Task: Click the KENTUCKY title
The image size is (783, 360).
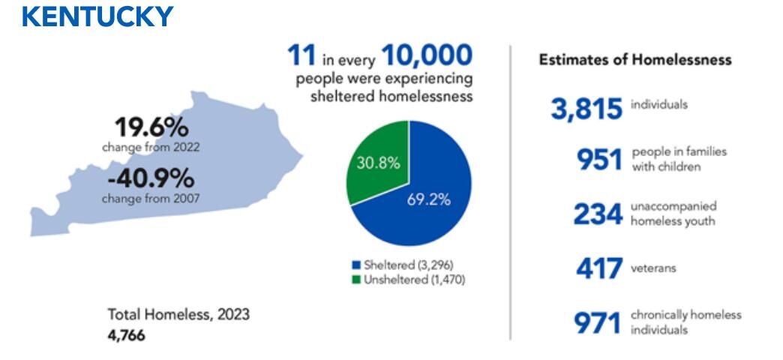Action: (x=98, y=16)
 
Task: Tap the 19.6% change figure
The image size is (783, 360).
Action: (x=151, y=127)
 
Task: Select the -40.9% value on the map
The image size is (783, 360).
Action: (x=151, y=180)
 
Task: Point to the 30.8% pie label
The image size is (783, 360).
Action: (x=378, y=163)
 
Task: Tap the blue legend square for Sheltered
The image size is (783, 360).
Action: (x=356, y=265)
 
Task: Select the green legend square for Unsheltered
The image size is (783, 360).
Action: (x=356, y=280)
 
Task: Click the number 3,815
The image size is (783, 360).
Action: (x=586, y=109)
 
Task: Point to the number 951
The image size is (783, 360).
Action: (x=599, y=159)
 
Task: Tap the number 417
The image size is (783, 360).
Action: (x=599, y=268)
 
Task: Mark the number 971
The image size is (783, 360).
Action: (x=598, y=323)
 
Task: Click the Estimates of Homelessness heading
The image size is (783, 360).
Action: (x=634, y=60)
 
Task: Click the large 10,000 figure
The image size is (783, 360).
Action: (x=427, y=56)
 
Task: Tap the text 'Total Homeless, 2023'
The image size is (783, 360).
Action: (x=178, y=314)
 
